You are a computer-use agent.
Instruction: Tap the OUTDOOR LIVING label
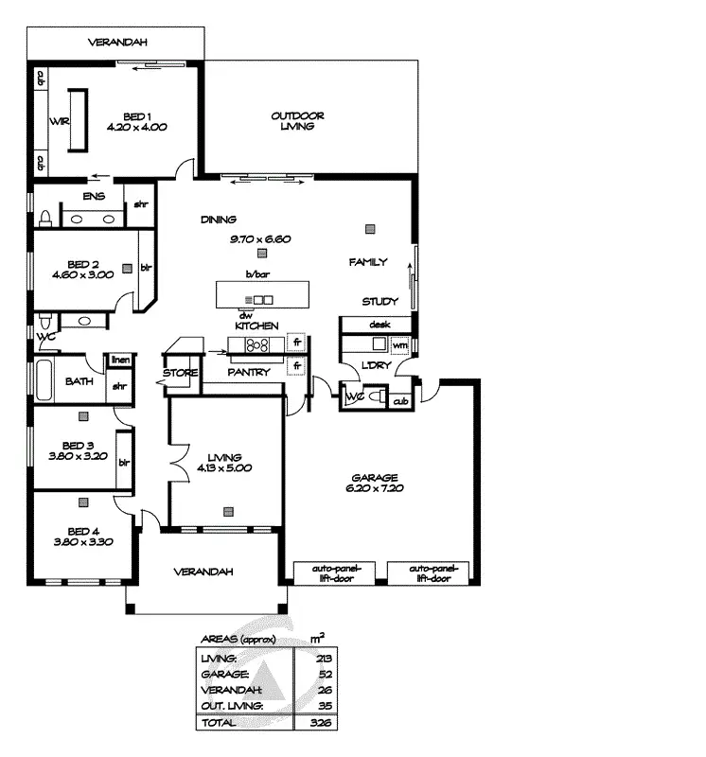pyautogui.click(x=297, y=116)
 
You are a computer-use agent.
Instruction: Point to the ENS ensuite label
pyautogui.click(x=93, y=197)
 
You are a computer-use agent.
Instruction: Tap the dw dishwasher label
pyautogui.click(x=245, y=314)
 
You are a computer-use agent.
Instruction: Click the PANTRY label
pyautogui.click(x=248, y=372)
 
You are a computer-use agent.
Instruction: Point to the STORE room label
pyautogui.click(x=180, y=372)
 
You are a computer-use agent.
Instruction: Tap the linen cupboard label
pyautogui.click(x=120, y=360)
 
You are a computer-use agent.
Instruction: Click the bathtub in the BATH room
pyautogui.click(x=44, y=382)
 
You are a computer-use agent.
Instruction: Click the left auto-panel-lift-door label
pyautogui.click(x=332, y=573)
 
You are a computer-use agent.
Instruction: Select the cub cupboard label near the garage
pyautogui.click(x=399, y=401)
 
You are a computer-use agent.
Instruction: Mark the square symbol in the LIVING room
pyautogui.click(x=228, y=512)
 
